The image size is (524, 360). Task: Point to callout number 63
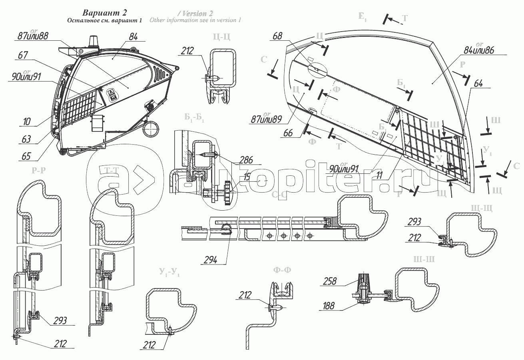pyautogui.click(x=26, y=139)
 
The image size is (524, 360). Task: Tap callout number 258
pyautogui.click(x=328, y=281)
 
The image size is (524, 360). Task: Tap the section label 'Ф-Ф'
pyautogui.click(x=282, y=270)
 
